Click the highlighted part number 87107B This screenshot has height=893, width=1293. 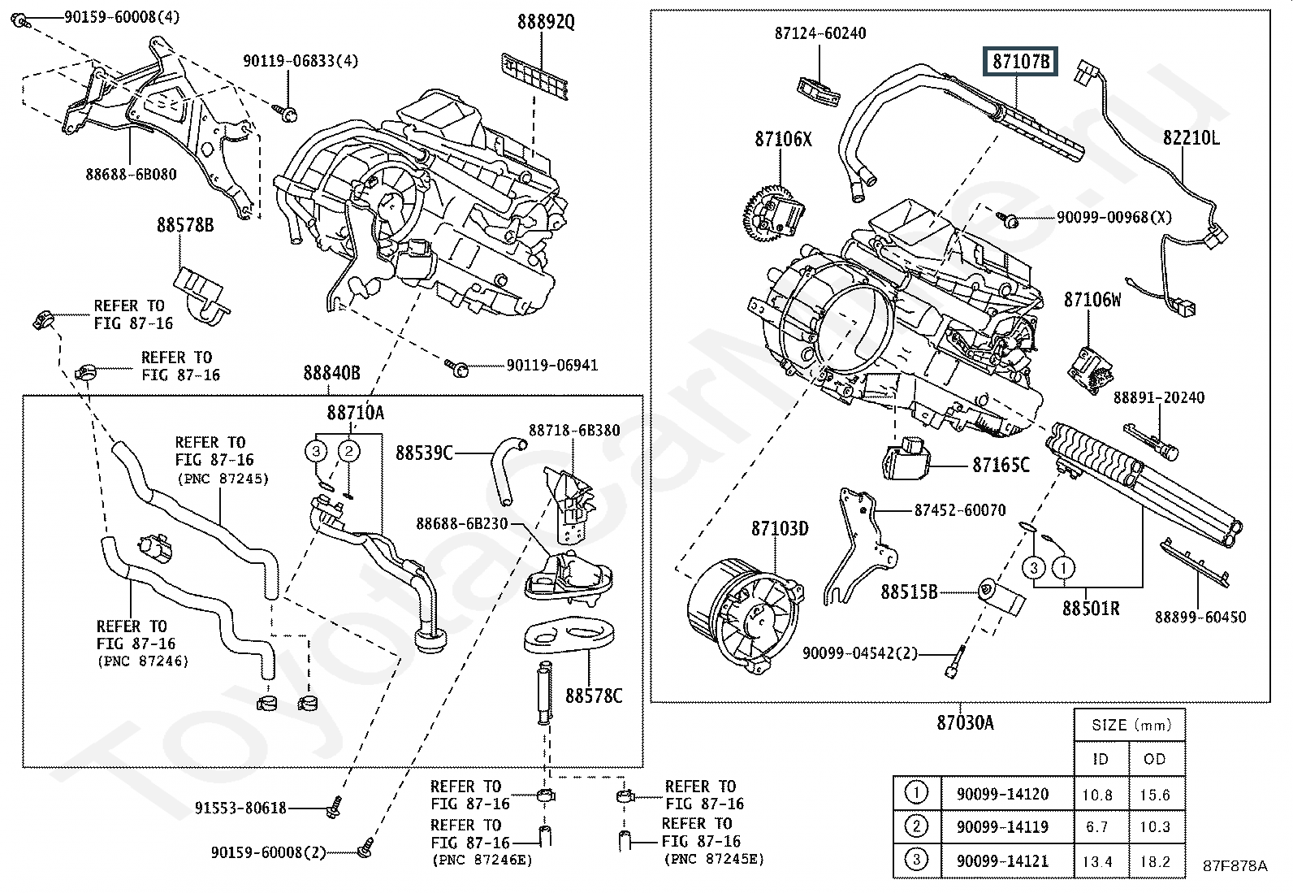tap(1021, 61)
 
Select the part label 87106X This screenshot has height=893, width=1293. tap(783, 139)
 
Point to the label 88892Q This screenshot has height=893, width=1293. tap(546, 23)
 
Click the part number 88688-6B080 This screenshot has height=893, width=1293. tap(131, 174)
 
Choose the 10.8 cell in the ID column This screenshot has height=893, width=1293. tap(1097, 795)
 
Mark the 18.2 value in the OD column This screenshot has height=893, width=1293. tap(1154, 861)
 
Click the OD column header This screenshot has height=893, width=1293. tap(1154, 759)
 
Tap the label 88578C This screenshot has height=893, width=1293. tap(594, 696)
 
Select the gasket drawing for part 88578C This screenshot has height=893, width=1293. tap(569, 636)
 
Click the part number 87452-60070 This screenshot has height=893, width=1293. tap(959, 510)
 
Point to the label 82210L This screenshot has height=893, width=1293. tap(1191, 138)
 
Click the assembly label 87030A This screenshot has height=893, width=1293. tap(964, 722)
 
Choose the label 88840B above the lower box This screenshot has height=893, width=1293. tap(331, 373)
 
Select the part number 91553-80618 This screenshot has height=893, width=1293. tap(240, 808)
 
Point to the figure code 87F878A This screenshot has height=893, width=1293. tap(1235, 865)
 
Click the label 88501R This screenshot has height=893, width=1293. tap(1091, 607)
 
